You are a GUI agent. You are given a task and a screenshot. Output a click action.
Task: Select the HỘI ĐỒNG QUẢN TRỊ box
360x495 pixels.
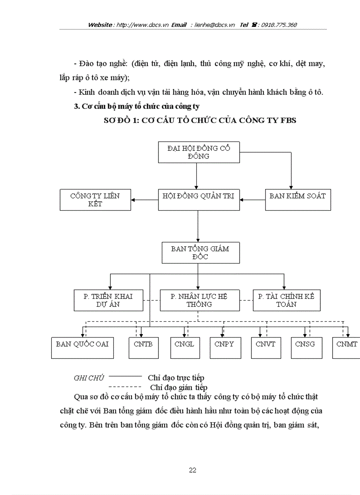(x=199, y=200)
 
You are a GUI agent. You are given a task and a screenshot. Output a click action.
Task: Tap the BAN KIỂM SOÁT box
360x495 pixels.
(x=298, y=200)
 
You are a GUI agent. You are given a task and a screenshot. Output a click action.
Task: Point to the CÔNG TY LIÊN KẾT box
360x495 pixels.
(x=95, y=200)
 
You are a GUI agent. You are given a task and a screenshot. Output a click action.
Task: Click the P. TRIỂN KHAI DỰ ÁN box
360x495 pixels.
(x=108, y=300)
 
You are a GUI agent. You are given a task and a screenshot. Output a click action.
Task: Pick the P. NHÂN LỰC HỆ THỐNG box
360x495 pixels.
(x=199, y=300)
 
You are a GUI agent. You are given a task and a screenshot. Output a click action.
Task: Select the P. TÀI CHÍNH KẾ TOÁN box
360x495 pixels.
(x=286, y=300)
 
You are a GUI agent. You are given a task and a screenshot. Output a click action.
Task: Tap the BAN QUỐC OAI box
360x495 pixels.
(x=82, y=347)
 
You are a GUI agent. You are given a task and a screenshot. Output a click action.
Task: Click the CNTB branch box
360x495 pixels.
(x=143, y=347)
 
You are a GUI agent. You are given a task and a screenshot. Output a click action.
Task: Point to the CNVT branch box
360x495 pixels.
(x=265, y=347)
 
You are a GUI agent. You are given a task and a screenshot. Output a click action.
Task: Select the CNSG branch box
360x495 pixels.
(x=305, y=347)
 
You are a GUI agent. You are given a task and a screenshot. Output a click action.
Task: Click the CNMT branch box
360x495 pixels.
(x=347, y=347)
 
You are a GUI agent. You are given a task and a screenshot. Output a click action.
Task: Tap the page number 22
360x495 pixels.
(x=192, y=470)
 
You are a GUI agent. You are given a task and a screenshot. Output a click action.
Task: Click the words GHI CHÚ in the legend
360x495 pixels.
(x=89, y=378)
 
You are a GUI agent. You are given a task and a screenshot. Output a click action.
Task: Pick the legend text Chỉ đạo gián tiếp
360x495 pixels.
(x=179, y=387)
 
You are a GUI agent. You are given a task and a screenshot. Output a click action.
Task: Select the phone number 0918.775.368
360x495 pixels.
(x=279, y=25)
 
